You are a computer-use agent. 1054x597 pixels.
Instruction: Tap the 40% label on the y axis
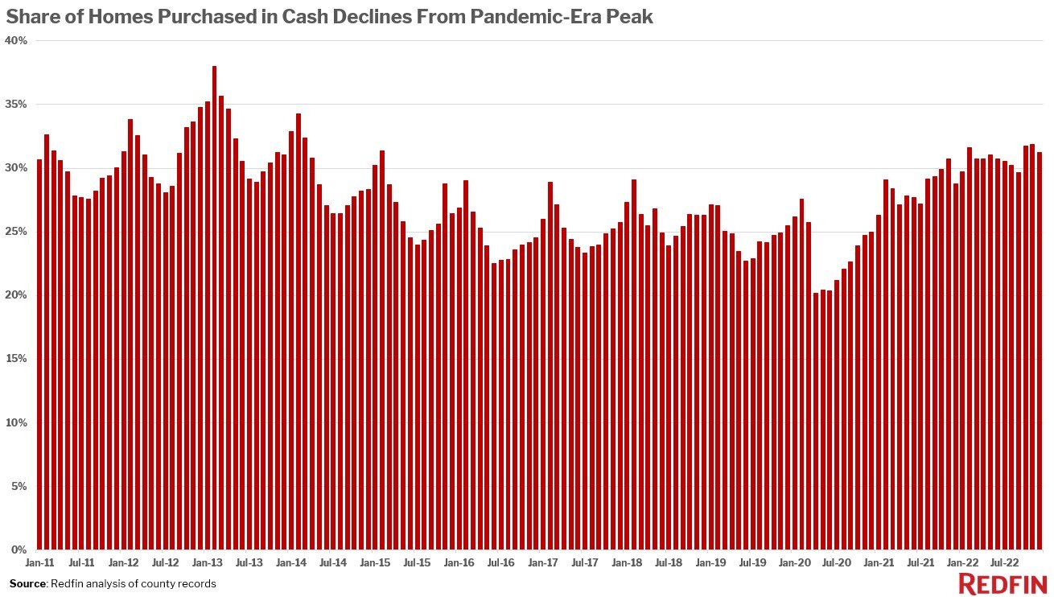click(16, 40)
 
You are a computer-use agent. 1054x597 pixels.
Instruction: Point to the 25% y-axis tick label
click(16, 232)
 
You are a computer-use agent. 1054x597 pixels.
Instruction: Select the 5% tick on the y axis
click(19, 486)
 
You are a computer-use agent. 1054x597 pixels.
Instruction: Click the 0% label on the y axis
click(19, 550)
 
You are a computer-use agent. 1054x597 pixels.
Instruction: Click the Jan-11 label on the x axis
click(39, 563)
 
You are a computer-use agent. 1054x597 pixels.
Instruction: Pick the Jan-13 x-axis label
click(208, 563)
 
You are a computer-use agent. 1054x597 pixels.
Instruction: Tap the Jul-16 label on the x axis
click(501, 563)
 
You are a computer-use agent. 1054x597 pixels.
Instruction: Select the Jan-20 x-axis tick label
click(795, 563)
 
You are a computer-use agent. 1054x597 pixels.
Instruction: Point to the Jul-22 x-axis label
click(1005, 563)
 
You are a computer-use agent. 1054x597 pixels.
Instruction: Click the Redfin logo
click(1002, 583)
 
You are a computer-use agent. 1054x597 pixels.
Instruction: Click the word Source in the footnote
click(27, 583)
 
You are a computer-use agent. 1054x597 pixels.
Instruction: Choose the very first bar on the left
click(39, 354)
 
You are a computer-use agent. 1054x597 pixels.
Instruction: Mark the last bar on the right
click(1040, 351)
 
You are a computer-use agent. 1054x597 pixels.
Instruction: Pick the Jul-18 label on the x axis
click(669, 563)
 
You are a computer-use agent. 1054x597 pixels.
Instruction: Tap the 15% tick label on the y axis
click(16, 359)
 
